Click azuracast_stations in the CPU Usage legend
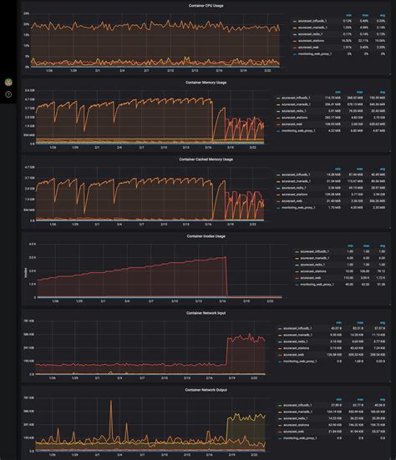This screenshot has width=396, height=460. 310,41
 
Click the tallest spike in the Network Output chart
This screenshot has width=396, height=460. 111,402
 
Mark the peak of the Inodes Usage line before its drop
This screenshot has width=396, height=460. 226,258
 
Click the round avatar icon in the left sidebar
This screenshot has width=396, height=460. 8,83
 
